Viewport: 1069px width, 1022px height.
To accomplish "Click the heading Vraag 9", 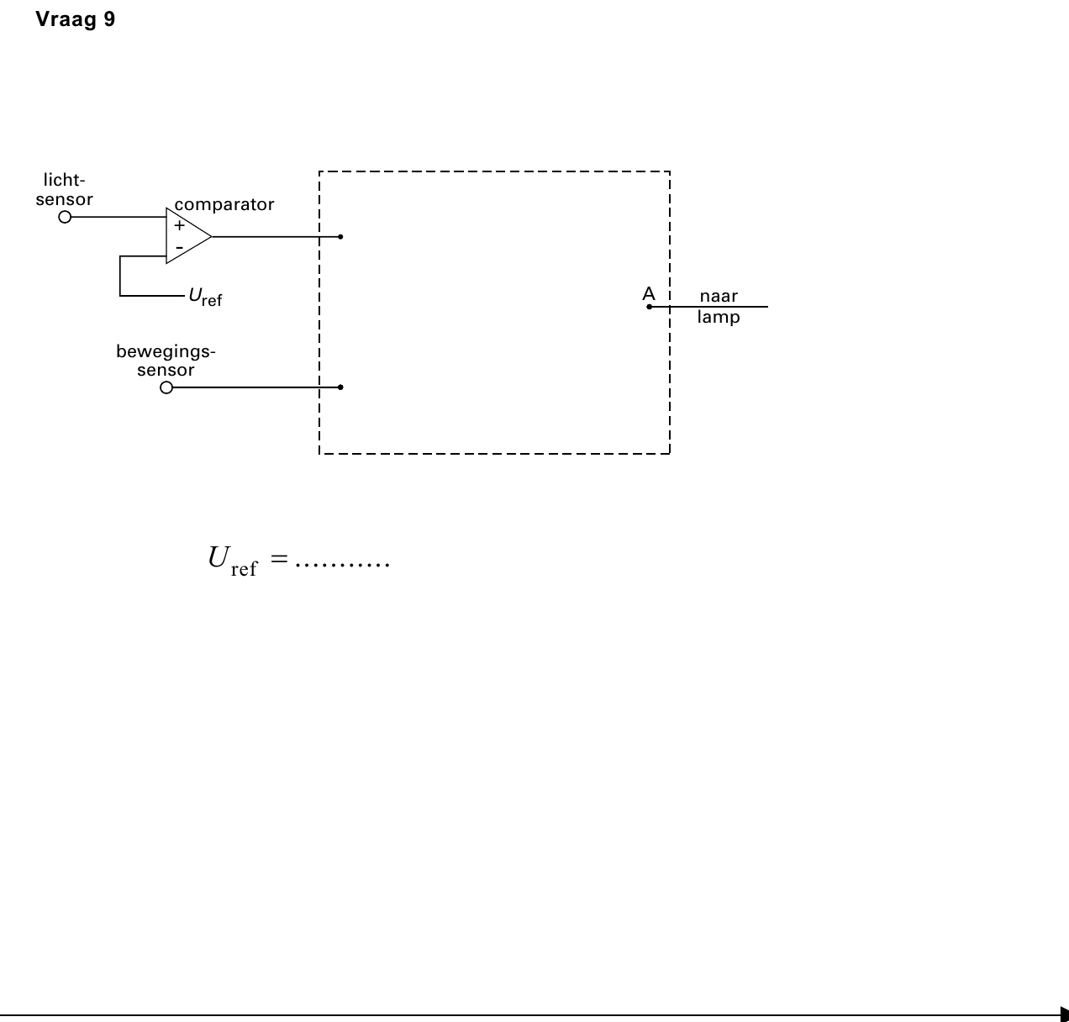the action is tap(76, 19).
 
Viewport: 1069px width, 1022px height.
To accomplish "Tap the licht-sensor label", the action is tap(64, 190).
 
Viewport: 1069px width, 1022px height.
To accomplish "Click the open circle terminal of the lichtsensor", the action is tap(65, 217).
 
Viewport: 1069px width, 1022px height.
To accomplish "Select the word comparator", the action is tap(224, 204).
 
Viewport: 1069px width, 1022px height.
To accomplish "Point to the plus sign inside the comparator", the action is tap(179, 225).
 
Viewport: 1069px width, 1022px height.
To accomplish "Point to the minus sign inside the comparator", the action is tap(179, 248).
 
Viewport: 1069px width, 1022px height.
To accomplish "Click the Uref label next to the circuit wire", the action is tap(205, 297).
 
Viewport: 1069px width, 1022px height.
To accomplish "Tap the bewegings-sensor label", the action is tap(166, 361).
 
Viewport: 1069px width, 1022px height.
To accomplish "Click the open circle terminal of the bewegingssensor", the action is tap(166, 387).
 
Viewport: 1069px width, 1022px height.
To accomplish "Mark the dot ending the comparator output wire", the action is tap(340, 237).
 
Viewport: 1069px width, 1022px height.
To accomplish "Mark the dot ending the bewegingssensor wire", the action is tap(340, 387).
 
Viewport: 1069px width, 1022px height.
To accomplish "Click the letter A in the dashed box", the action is tap(649, 294).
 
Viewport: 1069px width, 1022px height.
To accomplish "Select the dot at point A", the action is tap(650, 307).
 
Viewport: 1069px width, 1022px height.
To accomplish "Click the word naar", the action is tap(719, 296).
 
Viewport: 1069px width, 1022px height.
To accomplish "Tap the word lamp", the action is tap(719, 317).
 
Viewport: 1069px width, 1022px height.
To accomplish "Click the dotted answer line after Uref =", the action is tap(343, 565).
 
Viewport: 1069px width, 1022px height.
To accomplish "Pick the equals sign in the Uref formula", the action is tap(279, 559).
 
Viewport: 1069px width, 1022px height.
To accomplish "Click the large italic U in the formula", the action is tap(219, 558).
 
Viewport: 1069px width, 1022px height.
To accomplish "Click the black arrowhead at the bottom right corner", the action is tap(1064, 1015).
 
